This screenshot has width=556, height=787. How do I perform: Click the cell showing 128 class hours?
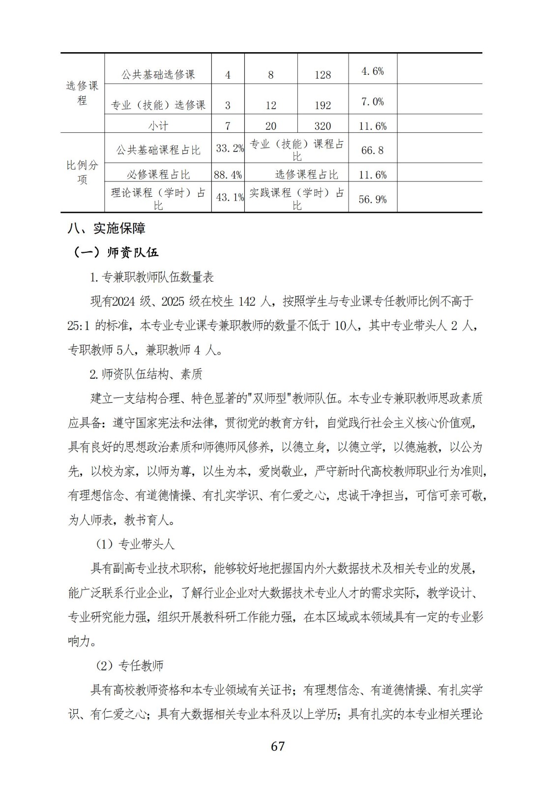pyautogui.click(x=322, y=75)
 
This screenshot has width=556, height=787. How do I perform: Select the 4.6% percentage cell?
pyautogui.click(x=372, y=71)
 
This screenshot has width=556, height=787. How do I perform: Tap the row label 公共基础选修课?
pyautogui.click(x=158, y=75)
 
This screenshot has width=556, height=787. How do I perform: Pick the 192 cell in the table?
pyautogui.click(x=322, y=105)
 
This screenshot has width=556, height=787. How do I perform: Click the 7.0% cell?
pyautogui.click(x=372, y=102)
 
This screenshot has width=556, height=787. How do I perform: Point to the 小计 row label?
pyautogui.click(x=158, y=126)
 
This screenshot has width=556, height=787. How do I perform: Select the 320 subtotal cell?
pyautogui.click(x=322, y=126)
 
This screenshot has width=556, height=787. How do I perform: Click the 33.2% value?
pyautogui.click(x=230, y=148)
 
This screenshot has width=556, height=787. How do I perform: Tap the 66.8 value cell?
pyautogui.click(x=372, y=151)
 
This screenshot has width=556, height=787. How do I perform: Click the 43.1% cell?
pyautogui.click(x=230, y=197)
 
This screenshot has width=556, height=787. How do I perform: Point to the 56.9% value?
pyautogui.click(x=372, y=199)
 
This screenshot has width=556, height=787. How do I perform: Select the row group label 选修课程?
pyautogui.click(x=82, y=93)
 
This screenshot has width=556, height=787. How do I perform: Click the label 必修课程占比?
pyautogui.click(x=158, y=175)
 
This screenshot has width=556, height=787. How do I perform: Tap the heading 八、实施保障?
pyautogui.click(x=107, y=228)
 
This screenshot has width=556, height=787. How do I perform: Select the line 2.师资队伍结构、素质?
pyautogui.click(x=146, y=374)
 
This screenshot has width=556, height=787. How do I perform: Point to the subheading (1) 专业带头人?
pyautogui.click(x=134, y=544)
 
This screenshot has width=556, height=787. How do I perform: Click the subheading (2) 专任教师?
pyautogui.click(x=129, y=666)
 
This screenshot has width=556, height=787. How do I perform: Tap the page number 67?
pyautogui.click(x=278, y=746)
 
